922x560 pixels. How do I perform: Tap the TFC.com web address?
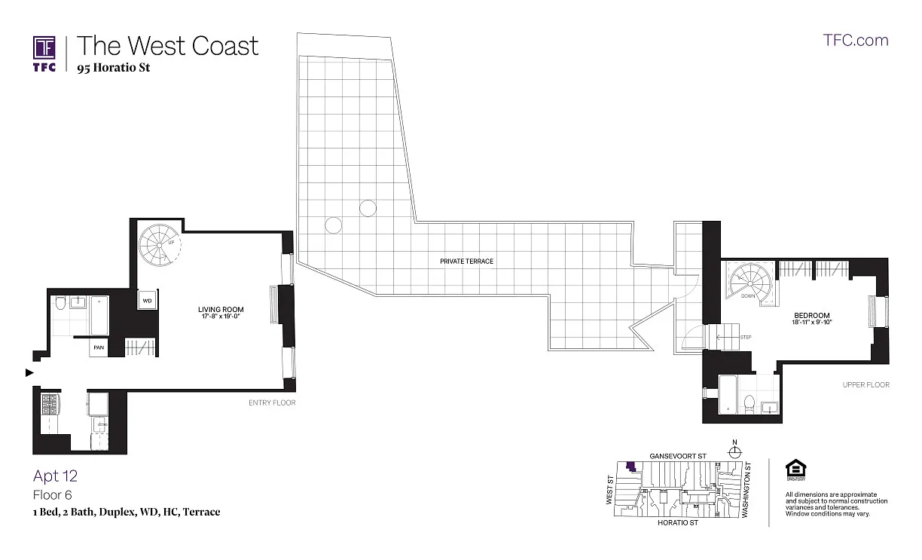pos(856,41)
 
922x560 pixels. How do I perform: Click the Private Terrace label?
pos(467,262)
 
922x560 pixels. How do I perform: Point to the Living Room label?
pos(221,310)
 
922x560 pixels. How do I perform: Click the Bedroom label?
pos(811,315)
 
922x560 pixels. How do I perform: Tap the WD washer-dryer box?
pos(147,301)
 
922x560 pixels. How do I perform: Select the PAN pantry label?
pos(99,347)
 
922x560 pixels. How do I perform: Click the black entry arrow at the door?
pos(29,372)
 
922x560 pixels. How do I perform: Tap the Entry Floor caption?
pos(272,403)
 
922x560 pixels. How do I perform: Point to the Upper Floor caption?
pos(866,385)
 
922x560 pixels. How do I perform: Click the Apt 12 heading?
pos(55,476)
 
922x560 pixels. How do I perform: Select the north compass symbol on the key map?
pos(734,451)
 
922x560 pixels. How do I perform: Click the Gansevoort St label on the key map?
pos(677,457)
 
